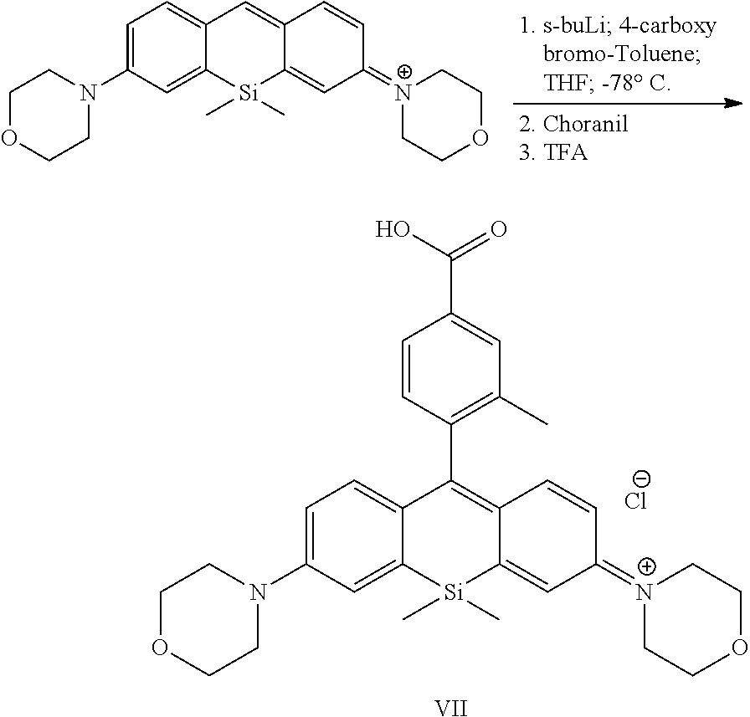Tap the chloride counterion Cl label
pos(635,500)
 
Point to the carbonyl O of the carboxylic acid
pos(498,229)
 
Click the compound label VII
pos(453,705)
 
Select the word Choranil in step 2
pos(585,124)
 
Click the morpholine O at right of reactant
pos(480,138)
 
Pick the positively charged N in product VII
pos(645,592)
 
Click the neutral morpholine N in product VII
pos(259,592)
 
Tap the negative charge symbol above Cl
pos(641,478)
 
